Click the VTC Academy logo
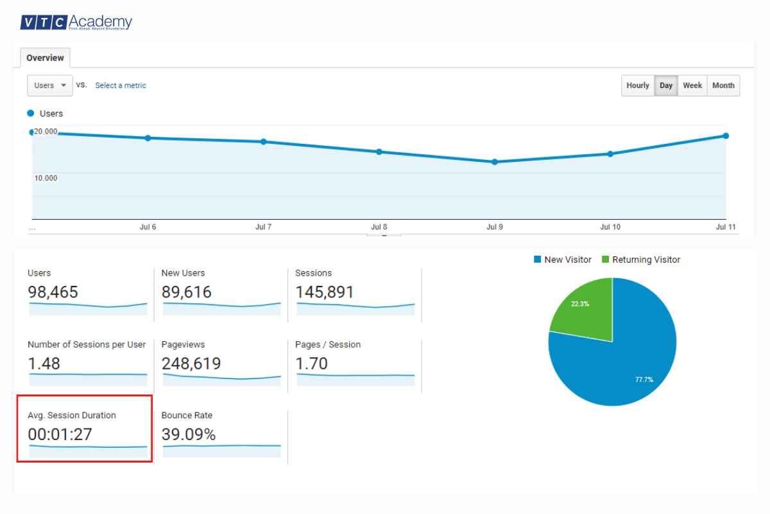[76, 22]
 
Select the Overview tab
[45, 58]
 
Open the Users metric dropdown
[50, 85]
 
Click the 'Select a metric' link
[121, 85]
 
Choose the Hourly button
[638, 85]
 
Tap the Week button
[692, 85]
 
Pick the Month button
[723, 85]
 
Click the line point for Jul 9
[495, 162]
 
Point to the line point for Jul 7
[264, 141]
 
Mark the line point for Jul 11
[726, 136]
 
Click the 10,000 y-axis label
[46, 178]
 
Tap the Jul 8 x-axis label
[379, 227]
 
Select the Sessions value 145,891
[325, 292]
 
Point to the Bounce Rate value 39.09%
[189, 435]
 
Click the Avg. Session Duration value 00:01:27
[60, 435]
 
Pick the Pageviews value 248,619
[191, 364]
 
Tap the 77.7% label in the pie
[644, 380]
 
